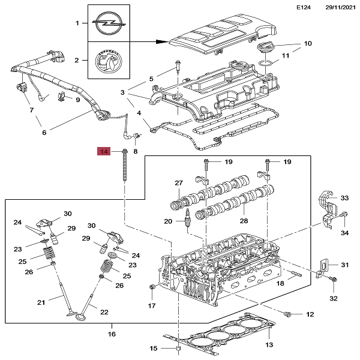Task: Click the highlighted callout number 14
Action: click(104, 152)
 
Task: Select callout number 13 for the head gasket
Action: click(269, 344)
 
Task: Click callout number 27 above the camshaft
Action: click(178, 183)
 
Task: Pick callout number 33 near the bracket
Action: click(344, 197)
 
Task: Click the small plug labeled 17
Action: click(151, 291)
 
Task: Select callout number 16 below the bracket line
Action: click(111, 334)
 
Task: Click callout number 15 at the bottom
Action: click(153, 349)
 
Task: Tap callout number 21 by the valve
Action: click(41, 302)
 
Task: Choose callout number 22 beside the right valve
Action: click(103, 312)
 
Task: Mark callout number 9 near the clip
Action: click(77, 99)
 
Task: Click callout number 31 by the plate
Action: click(344, 265)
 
